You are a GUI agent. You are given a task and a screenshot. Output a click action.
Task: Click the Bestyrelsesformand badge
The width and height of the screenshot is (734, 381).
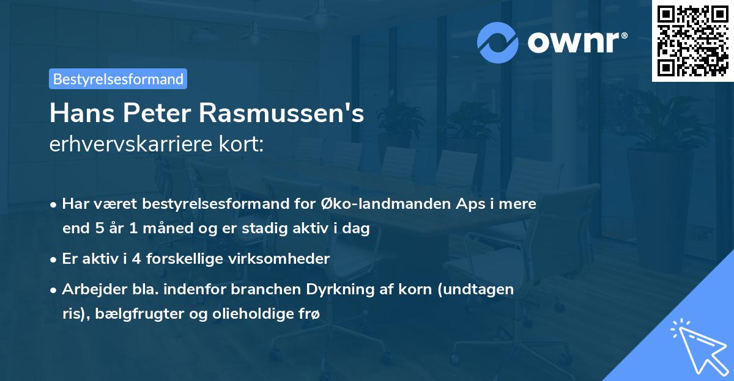[118, 79]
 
